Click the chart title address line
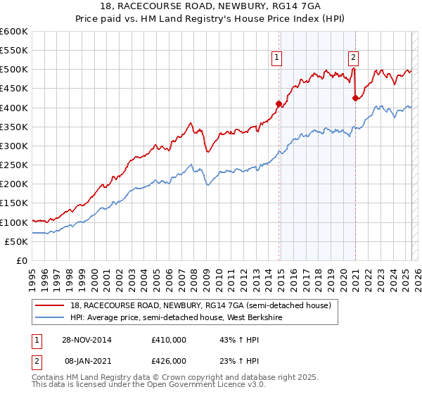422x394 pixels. [211, 8]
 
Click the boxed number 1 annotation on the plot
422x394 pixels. [277, 58]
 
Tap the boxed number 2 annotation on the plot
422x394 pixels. [352, 58]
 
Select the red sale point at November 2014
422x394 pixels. [279, 104]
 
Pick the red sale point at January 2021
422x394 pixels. [355, 98]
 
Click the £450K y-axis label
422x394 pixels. [14, 89]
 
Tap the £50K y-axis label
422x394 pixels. [17, 241]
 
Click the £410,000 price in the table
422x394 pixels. [169, 340]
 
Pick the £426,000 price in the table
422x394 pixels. [169, 360]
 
